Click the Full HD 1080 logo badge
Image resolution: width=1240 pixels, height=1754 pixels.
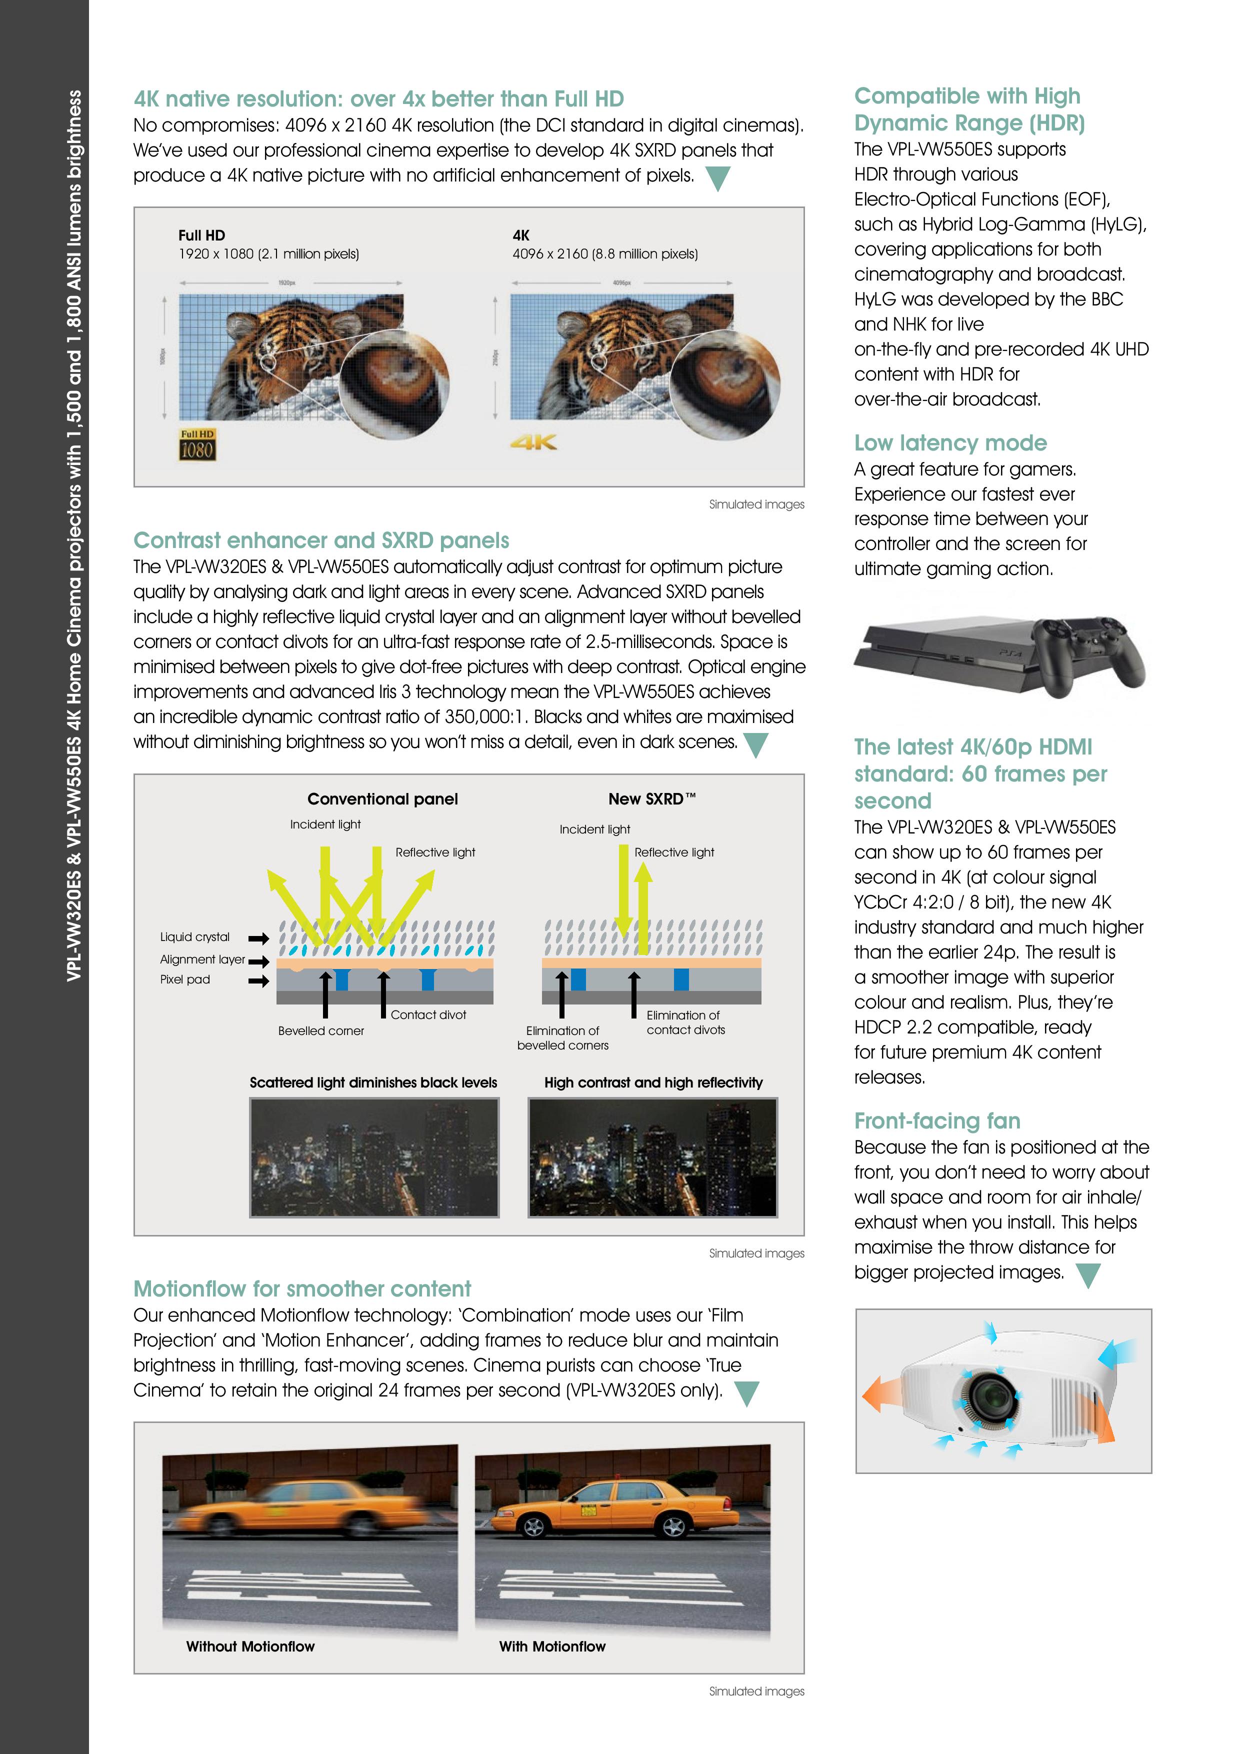point(197,444)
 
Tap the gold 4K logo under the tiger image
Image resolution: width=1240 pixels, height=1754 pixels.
point(534,441)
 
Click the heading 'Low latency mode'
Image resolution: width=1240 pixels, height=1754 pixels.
point(949,442)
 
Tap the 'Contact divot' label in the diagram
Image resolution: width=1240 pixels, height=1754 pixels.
point(428,1014)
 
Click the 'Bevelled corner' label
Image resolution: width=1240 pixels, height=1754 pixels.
point(321,1030)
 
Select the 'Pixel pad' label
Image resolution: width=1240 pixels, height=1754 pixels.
point(185,979)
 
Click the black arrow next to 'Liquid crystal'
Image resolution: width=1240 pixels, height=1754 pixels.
point(259,938)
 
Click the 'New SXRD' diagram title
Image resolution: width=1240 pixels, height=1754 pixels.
point(651,799)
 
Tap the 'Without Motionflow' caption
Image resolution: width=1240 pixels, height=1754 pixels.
point(250,1646)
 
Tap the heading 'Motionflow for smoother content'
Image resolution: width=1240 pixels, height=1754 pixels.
point(302,1289)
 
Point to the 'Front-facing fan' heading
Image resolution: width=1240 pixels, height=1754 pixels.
point(936,1120)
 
